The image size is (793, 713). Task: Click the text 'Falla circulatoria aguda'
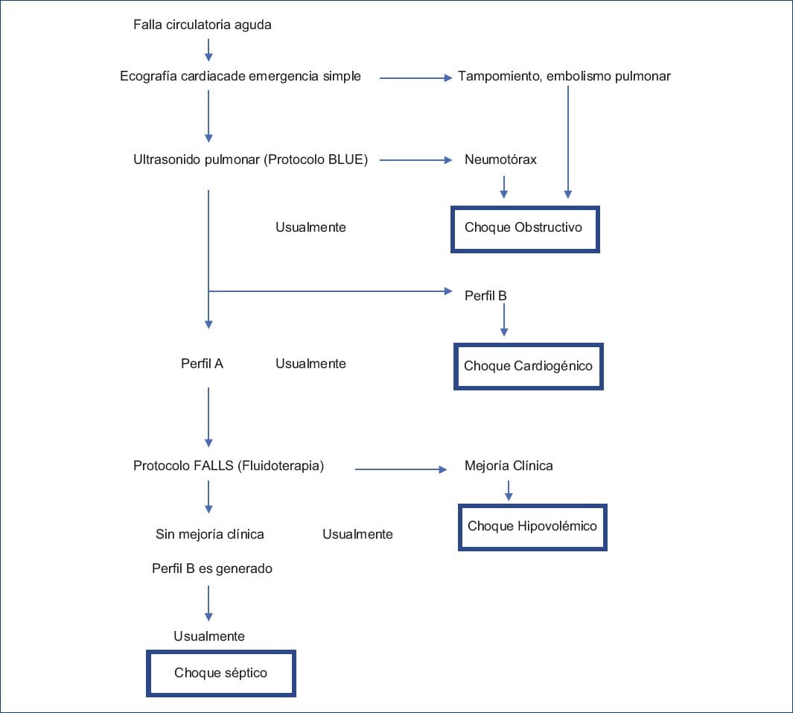(202, 25)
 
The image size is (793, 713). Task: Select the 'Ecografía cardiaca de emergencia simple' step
(241, 76)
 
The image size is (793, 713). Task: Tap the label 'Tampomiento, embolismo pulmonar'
(564, 76)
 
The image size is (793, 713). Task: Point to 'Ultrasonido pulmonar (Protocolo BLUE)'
(250, 159)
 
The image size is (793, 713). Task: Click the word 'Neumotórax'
(500, 159)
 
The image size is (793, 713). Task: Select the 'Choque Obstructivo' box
(524, 228)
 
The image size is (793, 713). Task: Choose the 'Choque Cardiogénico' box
(528, 366)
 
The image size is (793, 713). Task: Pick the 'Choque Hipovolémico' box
(532, 527)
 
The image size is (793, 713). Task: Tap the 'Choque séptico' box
(221, 674)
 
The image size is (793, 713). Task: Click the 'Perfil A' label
(202, 364)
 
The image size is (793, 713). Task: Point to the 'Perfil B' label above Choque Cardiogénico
(485, 296)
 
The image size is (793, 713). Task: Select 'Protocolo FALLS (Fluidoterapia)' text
(229, 466)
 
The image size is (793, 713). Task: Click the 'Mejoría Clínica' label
(509, 466)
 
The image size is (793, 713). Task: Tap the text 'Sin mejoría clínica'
(210, 534)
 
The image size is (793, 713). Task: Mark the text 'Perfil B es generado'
(212, 568)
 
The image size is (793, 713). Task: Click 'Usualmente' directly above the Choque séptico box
(209, 636)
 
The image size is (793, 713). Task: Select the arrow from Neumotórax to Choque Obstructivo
(504, 186)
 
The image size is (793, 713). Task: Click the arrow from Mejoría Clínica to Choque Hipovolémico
(508, 489)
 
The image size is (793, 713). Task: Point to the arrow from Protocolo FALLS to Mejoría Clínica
(401, 469)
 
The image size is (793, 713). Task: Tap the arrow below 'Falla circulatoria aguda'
(208, 49)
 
